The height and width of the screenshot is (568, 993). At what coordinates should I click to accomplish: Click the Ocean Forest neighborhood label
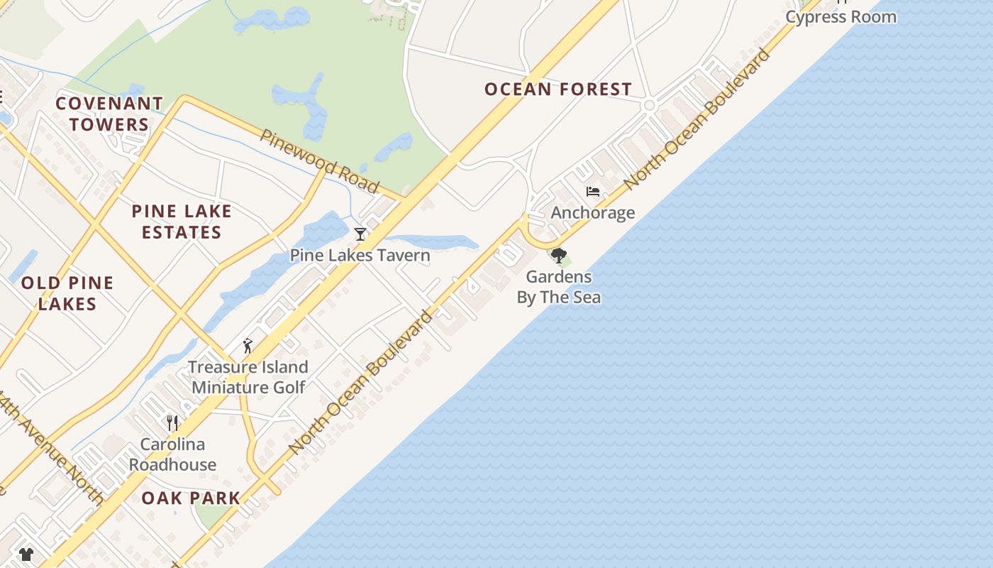[x=557, y=89]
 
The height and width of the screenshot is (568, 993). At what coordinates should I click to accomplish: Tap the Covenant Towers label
[x=109, y=114]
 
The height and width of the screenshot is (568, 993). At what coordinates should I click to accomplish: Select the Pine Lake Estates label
[x=182, y=222]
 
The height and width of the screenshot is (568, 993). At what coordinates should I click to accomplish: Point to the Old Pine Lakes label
[x=67, y=293]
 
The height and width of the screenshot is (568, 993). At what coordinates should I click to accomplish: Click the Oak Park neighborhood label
[x=191, y=498]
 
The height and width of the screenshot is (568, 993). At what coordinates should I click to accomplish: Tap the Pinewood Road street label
[x=319, y=160]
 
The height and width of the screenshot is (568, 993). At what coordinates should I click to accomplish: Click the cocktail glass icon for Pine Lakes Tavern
[x=360, y=234]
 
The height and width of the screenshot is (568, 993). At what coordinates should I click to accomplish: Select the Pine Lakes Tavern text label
[x=360, y=256]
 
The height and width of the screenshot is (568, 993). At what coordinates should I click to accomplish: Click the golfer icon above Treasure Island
[x=248, y=346]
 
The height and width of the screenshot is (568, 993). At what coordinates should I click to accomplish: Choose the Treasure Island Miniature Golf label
[x=248, y=377]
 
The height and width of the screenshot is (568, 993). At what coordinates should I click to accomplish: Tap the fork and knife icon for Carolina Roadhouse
[x=172, y=423]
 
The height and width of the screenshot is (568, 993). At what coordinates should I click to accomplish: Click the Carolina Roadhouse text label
[x=172, y=454]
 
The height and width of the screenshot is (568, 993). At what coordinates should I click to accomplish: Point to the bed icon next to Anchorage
[x=593, y=192]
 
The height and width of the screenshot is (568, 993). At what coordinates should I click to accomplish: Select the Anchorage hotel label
[x=593, y=213]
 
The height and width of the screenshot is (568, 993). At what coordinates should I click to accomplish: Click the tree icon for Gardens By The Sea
[x=559, y=256]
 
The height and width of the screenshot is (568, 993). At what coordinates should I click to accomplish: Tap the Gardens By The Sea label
[x=559, y=287]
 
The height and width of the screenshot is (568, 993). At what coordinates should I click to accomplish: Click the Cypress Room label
[x=841, y=17]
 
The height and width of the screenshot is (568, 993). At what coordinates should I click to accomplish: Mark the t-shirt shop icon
[x=26, y=554]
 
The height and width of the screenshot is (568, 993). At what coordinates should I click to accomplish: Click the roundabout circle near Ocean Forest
[x=648, y=106]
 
